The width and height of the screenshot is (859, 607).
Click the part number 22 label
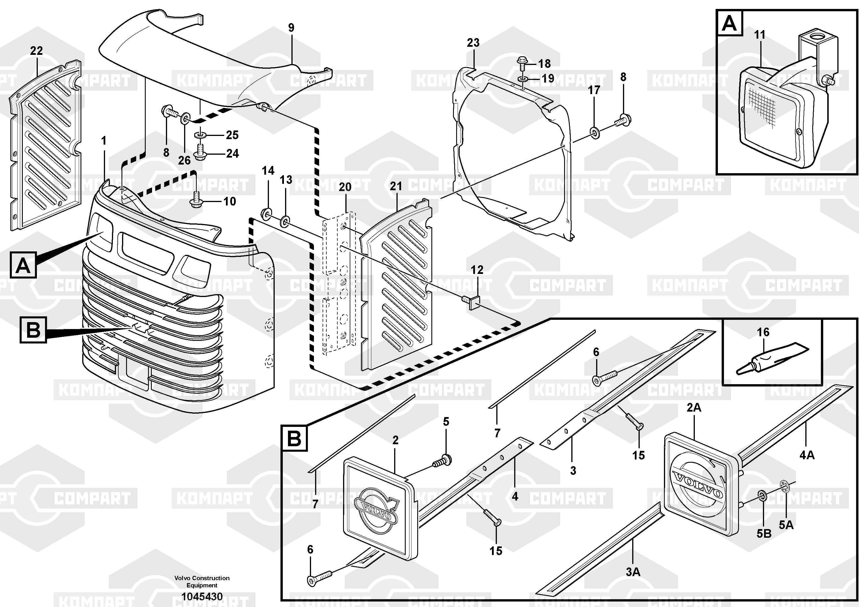pos(36,51)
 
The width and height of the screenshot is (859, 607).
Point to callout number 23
pos(473,43)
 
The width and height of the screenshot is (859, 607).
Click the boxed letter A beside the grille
pos(23,266)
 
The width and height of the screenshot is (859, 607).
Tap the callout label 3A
pos(633,572)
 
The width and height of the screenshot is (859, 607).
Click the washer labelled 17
pos(594,133)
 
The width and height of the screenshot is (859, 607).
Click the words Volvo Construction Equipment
pos(202,581)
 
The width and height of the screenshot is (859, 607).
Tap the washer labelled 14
pos(266,214)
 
